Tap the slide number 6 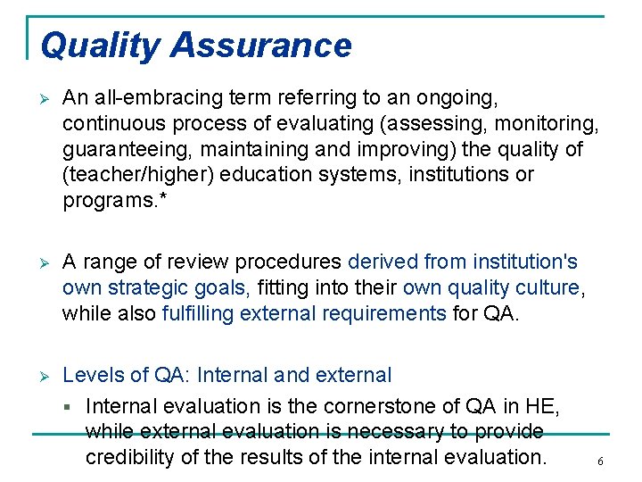tap(600, 461)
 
